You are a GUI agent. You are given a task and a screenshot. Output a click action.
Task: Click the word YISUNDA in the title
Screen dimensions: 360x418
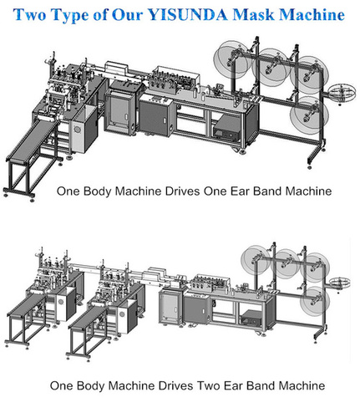(188, 14)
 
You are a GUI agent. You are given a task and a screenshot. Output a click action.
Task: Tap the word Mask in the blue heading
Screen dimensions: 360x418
(254, 14)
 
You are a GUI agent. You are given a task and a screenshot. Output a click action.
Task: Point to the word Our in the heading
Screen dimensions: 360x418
(128, 14)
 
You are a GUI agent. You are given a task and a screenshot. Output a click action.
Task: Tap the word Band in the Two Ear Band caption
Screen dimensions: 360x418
(261, 385)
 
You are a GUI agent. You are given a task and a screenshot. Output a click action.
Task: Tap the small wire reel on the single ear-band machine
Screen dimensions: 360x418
(342, 93)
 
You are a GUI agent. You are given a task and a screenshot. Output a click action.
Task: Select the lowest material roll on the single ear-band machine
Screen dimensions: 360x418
(309, 113)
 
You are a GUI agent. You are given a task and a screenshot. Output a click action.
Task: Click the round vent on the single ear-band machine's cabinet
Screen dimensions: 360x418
(77, 129)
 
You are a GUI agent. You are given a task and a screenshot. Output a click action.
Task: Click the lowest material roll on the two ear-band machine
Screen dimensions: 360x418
(315, 300)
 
